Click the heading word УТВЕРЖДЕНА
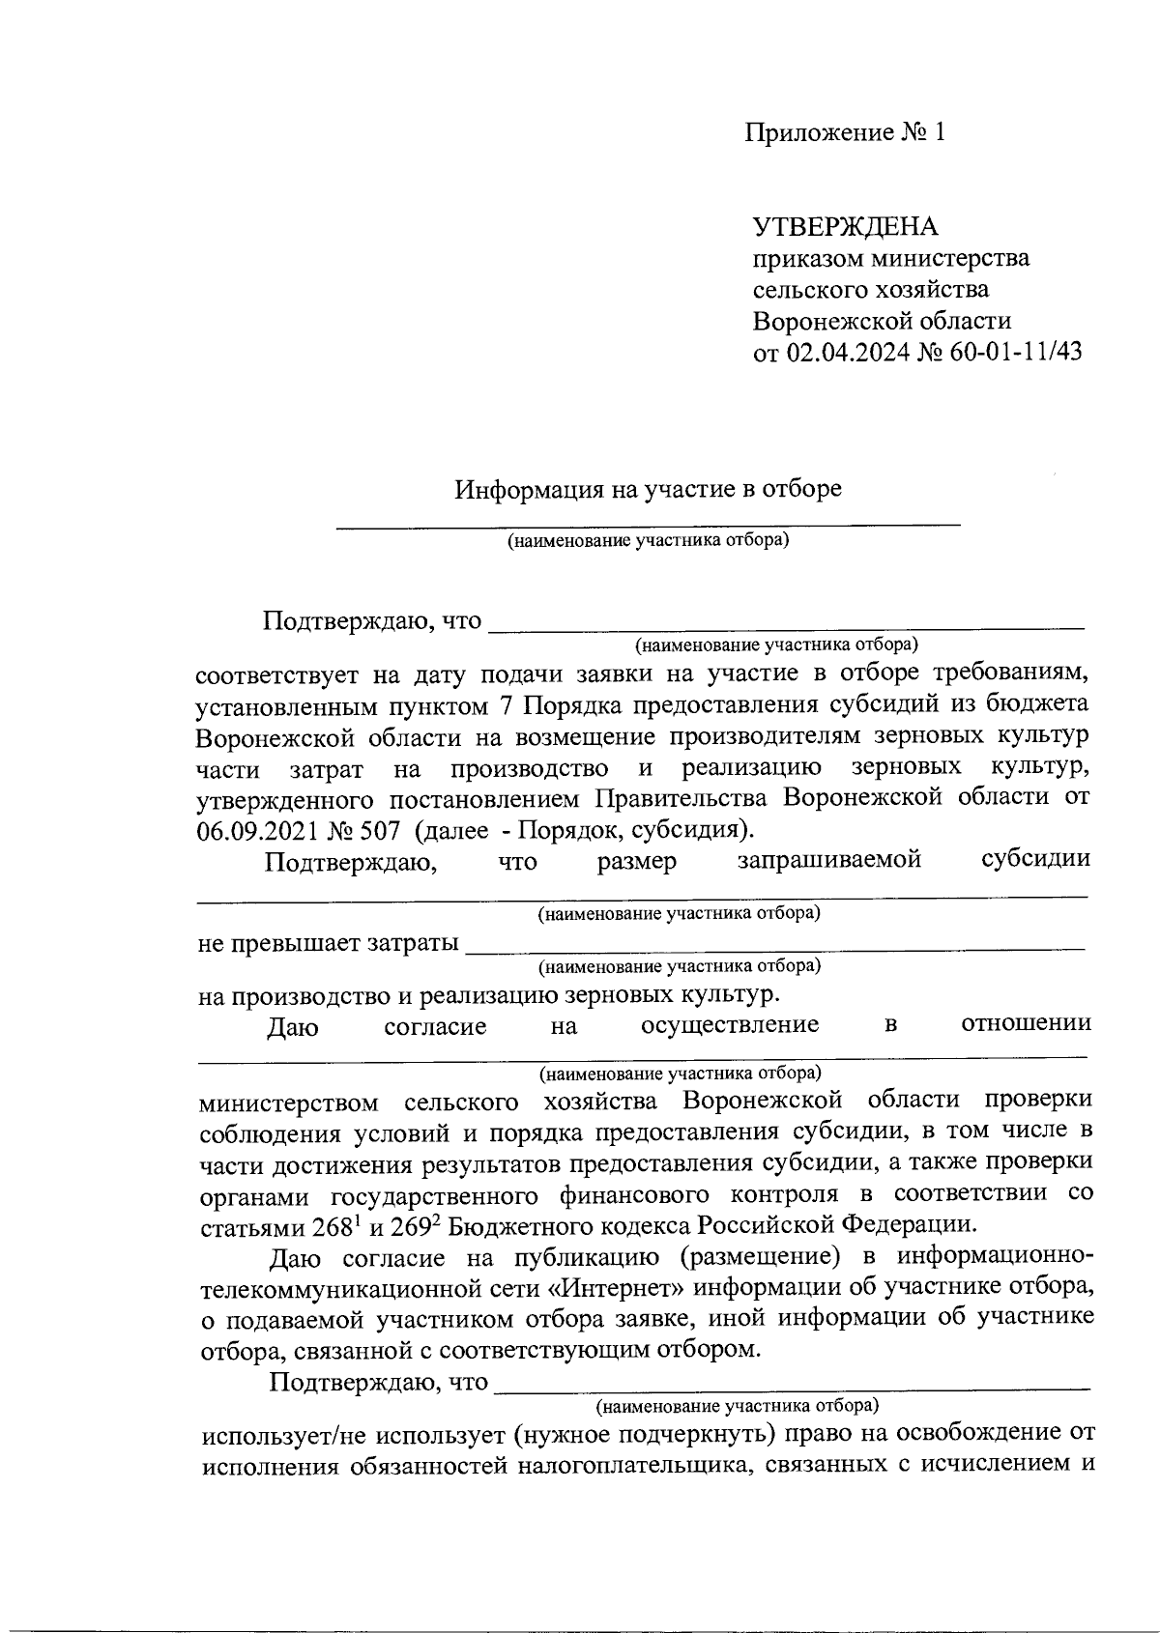pos(845,227)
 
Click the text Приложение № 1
pos(844,132)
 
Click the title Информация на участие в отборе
pos(649,489)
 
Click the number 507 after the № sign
pos(364,830)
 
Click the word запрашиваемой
pos(828,859)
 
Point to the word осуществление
pos(730,1024)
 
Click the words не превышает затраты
pos(328,943)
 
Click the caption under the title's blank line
pos(649,540)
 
